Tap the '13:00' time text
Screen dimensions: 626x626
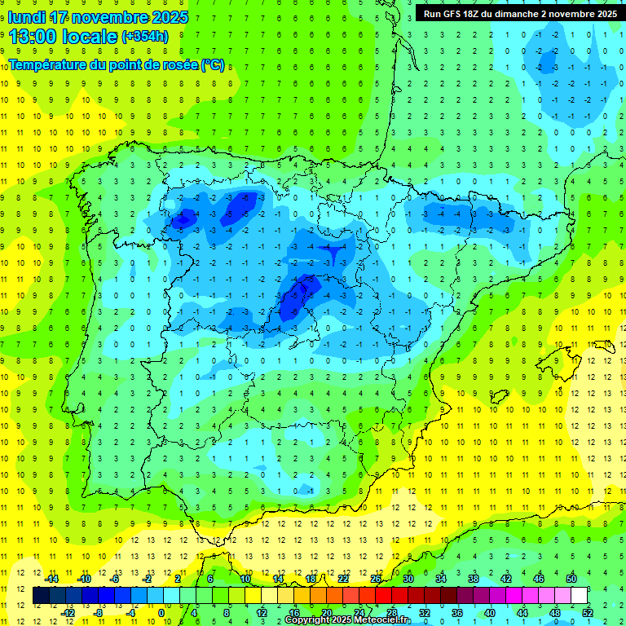(x=33, y=36)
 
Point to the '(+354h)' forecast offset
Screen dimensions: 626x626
(x=145, y=36)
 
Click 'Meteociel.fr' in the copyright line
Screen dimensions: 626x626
(x=383, y=620)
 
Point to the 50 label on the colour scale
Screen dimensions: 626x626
(x=571, y=579)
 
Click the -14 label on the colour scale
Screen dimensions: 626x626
(x=51, y=579)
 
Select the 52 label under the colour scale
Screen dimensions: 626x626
(x=588, y=613)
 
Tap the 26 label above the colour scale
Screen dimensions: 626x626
(x=376, y=579)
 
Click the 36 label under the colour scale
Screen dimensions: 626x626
(x=457, y=613)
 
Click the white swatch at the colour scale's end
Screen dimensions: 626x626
(x=580, y=596)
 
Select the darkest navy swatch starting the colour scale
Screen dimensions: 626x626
(x=41, y=596)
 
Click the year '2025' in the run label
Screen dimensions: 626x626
(x=604, y=14)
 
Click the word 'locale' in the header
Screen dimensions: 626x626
(x=90, y=36)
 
